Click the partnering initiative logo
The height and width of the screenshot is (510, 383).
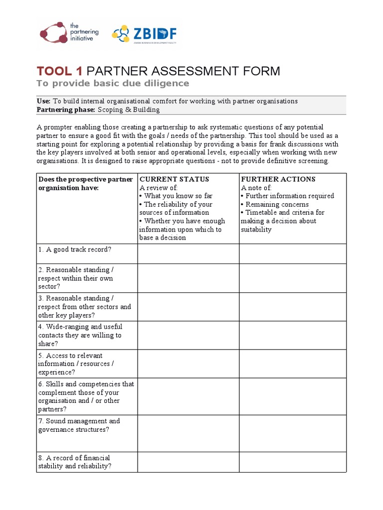tap(69, 32)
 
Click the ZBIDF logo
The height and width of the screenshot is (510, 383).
tap(144, 34)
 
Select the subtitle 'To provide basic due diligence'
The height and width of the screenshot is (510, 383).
tap(113, 83)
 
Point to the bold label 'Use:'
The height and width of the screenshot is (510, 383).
tap(43, 101)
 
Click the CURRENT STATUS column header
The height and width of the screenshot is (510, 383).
tap(174, 179)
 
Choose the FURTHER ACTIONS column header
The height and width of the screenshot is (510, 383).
tap(278, 179)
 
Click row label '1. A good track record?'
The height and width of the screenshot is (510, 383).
tap(75, 250)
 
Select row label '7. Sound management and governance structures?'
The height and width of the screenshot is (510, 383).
tap(79, 425)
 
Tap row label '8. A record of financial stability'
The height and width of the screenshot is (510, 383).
tap(75, 462)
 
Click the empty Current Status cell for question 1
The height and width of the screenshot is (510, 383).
tap(188, 254)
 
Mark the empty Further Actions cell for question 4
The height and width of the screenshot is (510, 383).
tap(292, 335)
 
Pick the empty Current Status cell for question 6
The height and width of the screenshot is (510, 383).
tap(188, 396)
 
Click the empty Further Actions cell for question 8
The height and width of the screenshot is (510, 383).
tap(292, 462)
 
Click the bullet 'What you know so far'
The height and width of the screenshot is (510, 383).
tap(178, 196)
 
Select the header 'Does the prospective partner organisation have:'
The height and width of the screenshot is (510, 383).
tap(85, 183)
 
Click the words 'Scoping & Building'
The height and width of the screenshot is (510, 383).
tap(129, 110)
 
